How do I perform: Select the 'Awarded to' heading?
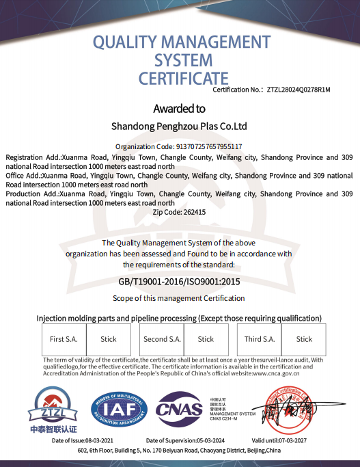click(x=179, y=109)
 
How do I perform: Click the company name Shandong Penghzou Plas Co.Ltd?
click(x=179, y=126)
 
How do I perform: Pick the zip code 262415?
click(x=194, y=212)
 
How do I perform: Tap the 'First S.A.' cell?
click(x=64, y=339)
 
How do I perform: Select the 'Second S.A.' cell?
click(x=162, y=339)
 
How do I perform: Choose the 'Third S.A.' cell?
click(x=260, y=339)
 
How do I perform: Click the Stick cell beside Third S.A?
click(x=304, y=339)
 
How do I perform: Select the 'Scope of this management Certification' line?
click(x=178, y=298)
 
